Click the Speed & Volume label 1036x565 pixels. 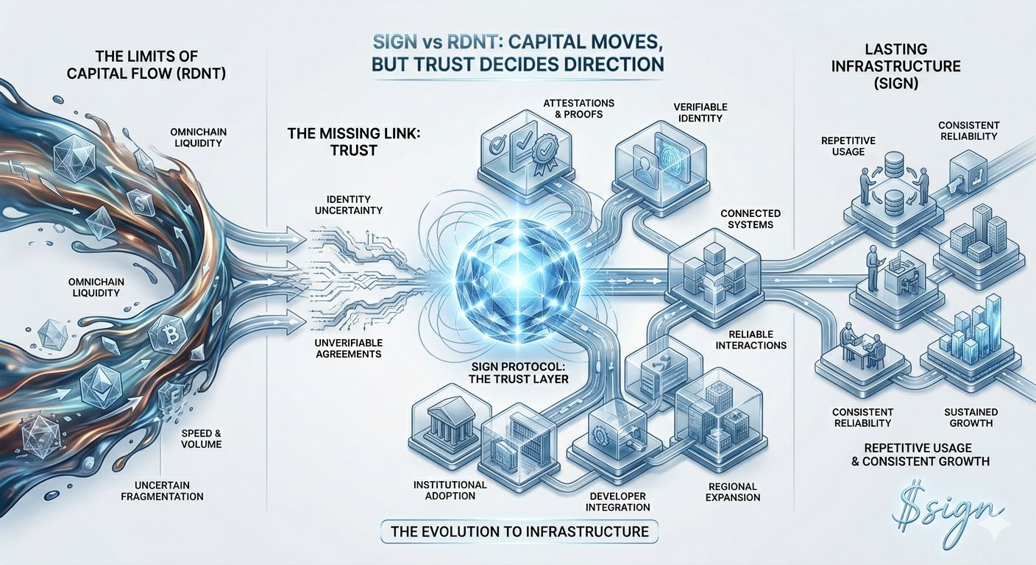tap(201, 438)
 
